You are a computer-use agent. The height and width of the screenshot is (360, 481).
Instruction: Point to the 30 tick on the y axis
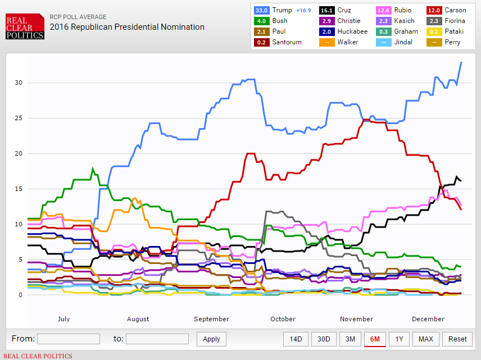pyautogui.click(x=19, y=83)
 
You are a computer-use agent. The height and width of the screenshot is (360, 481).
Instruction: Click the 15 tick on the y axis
pyautogui.click(x=19, y=189)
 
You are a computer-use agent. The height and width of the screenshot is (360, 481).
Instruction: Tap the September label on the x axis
pyautogui.click(x=212, y=319)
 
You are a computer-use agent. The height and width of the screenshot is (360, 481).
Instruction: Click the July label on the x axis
pyautogui.click(x=63, y=319)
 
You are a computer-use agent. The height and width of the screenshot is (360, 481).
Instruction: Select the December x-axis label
pyautogui.click(x=428, y=319)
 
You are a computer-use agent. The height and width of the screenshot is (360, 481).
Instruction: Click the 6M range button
pyautogui.click(x=375, y=339)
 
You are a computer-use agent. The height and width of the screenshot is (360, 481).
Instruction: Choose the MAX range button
pyautogui.click(x=426, y=339)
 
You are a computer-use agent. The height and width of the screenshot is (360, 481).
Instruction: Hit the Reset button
pyautogui.click(x=457, y=339)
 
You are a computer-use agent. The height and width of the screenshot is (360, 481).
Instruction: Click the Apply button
pyautogui.click(x=211, y=339)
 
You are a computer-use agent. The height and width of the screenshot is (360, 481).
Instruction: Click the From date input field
pyautogui.click(x=69, y=339)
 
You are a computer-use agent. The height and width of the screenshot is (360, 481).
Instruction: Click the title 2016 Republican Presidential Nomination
pyautogui.click(x=127, y=27)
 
